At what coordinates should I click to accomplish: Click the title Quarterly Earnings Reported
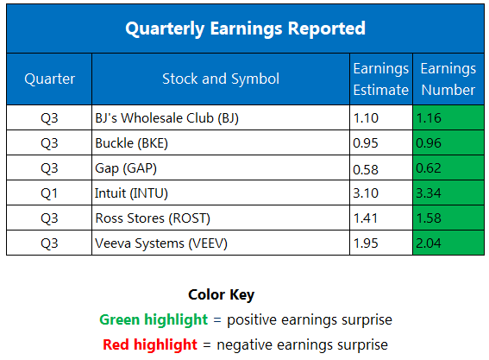pos(244,28)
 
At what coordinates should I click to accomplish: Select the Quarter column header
pos(48,79)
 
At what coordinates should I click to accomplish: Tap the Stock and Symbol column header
pos(220,79)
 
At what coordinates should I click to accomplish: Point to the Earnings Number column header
pos(448,79)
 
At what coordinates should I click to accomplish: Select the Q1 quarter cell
pos(48,192)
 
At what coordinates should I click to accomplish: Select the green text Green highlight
pos(154,319)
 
